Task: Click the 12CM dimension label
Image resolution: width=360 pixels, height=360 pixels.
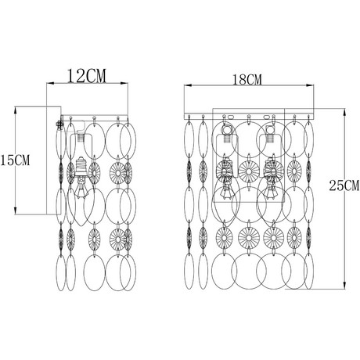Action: click(x=87, y=76)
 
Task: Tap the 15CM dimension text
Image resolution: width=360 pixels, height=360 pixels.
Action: click(x=15, y=160)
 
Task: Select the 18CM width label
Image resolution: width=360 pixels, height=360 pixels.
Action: click(x=247, y=80)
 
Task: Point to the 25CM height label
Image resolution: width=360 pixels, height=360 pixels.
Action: click(x=344, y=185)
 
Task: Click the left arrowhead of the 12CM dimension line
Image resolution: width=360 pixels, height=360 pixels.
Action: click(x=50, y=84)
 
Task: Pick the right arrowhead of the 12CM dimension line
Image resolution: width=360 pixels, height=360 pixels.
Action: click(x=124, y=84)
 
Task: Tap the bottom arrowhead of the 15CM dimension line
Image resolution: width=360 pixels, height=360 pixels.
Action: click(x=16, y=211)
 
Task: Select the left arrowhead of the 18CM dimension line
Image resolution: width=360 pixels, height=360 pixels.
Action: click(x=188, y=85)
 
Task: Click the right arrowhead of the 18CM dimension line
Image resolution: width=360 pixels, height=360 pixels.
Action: click(x=310, y=85)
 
